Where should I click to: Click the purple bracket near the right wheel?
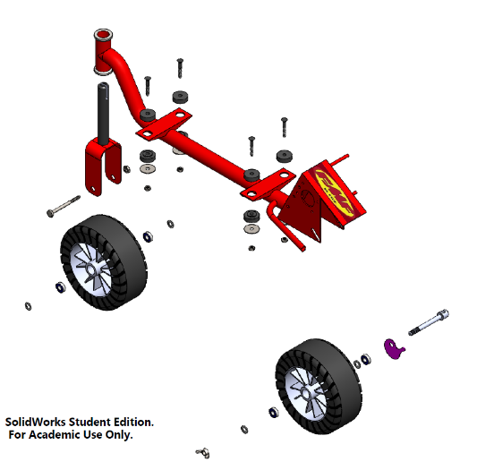[x=393, y=348]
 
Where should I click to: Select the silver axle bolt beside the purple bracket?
[x=429, y=320]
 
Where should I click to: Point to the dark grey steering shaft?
[x=105, y=112]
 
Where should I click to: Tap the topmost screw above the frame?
[x=180, y=65]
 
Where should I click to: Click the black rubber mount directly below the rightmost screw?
[x=285, y=155]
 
